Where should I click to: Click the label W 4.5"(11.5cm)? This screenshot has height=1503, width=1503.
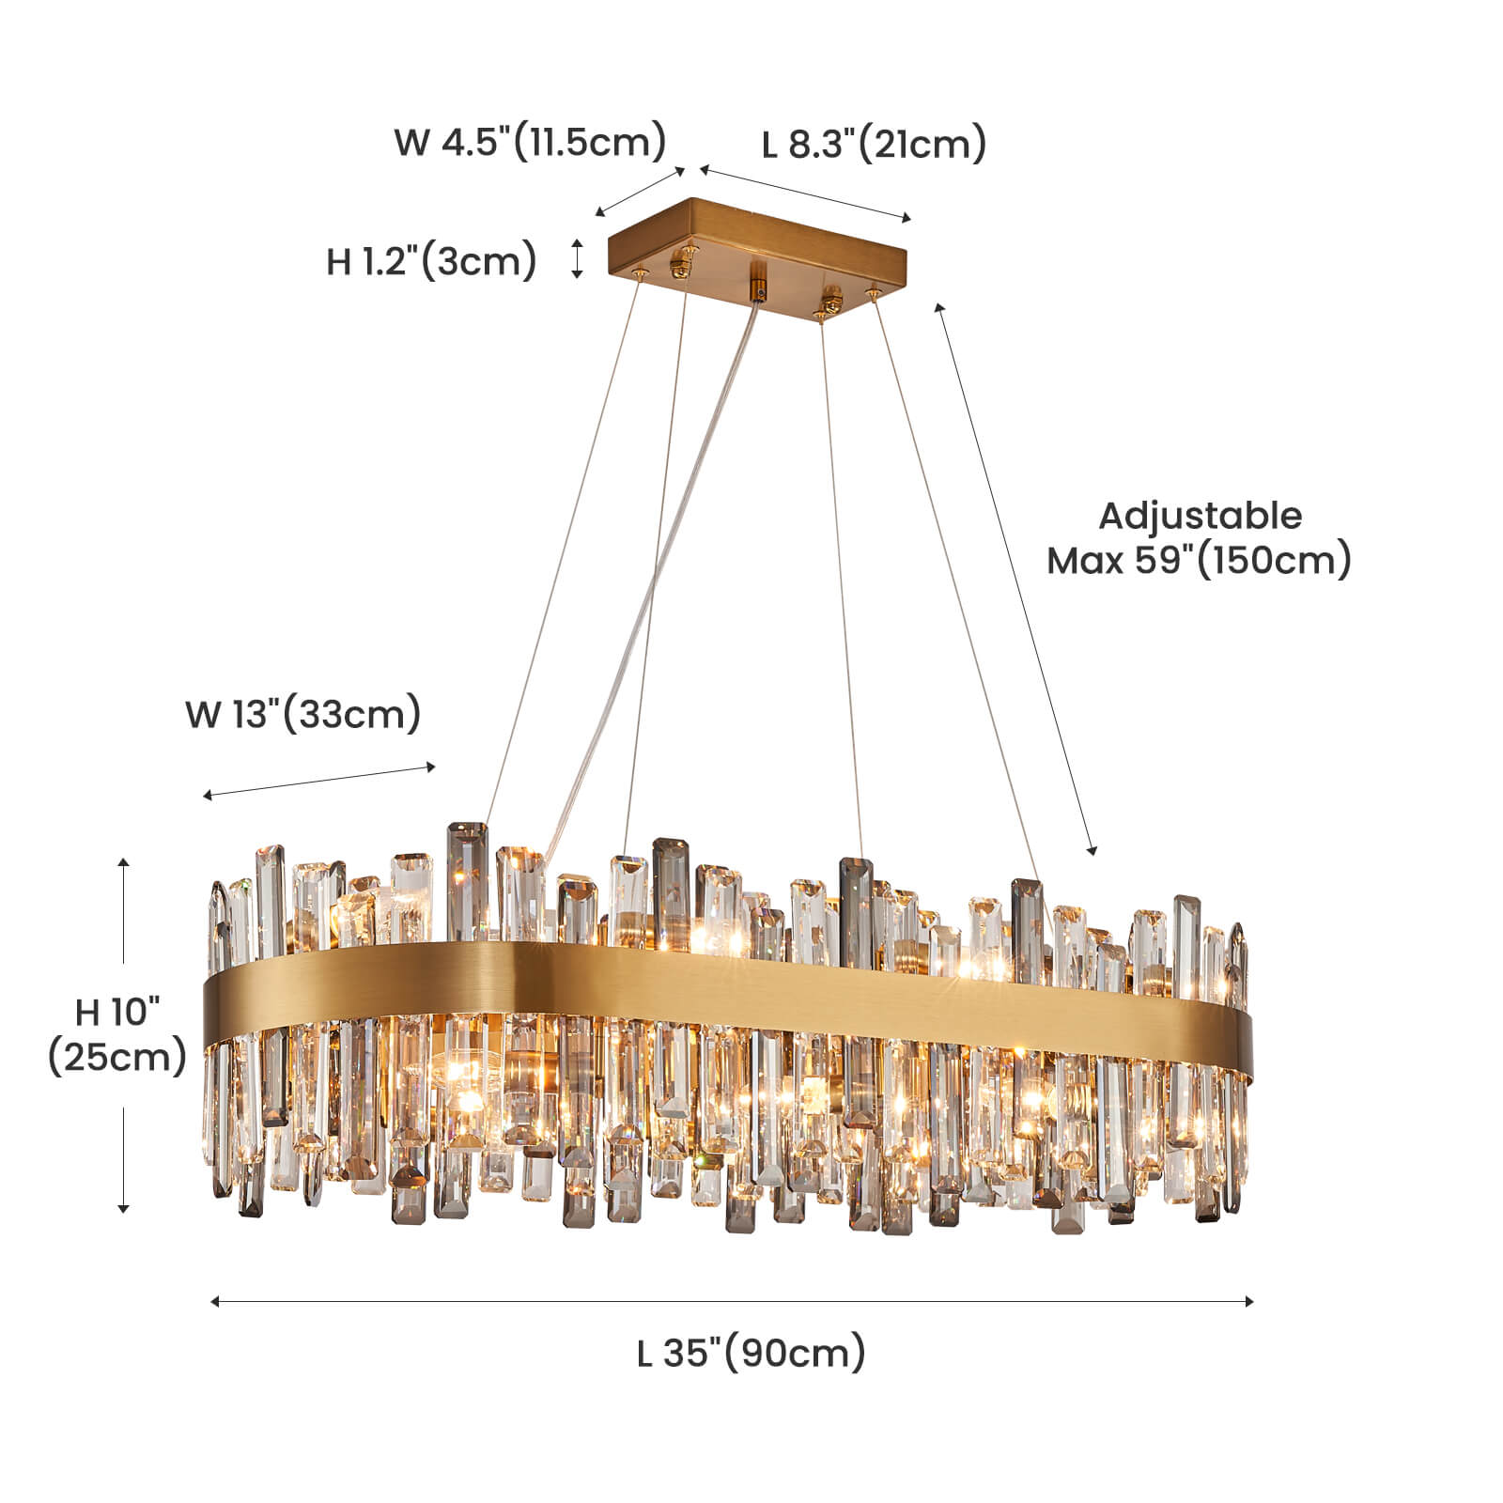(x=530, y=143)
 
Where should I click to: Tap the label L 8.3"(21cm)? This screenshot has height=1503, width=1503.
(x=874, y=145)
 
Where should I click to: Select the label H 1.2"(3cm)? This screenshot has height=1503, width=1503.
(x=431, y=260)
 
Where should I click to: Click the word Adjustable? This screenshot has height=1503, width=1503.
(x=1200, y=516)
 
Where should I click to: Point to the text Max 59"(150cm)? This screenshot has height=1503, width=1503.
(x=1200, y=561)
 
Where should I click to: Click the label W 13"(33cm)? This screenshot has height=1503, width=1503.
(x=302, y=714)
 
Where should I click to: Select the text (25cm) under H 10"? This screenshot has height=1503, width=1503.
(x=117, y=1057)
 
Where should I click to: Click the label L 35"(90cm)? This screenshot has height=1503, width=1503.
(x=751, y=1354)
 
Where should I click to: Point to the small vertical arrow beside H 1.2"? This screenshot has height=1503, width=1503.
(x=578, y=258)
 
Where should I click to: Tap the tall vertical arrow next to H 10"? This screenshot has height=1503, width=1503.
(x=123, y=1033)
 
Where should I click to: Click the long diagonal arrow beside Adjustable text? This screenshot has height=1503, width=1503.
(x=1015, y=578)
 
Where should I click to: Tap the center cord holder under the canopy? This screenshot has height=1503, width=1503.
(x=757, y=280)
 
